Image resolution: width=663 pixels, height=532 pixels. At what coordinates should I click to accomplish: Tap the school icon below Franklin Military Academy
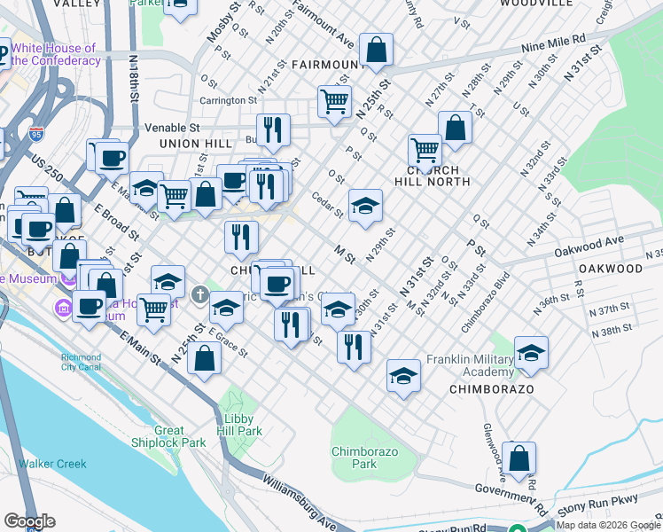point(531,352)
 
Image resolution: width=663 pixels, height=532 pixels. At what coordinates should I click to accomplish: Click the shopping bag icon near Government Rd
point(521,458)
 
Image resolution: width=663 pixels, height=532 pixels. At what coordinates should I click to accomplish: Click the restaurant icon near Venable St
point(274,129)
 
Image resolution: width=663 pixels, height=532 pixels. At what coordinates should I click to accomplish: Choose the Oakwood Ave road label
point(590,244)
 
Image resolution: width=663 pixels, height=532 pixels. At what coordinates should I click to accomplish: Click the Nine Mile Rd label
point(554,42)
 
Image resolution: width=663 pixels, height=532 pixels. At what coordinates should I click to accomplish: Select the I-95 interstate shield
point(36,135)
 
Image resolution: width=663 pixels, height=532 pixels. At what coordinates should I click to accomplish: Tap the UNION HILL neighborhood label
point(188,144)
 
